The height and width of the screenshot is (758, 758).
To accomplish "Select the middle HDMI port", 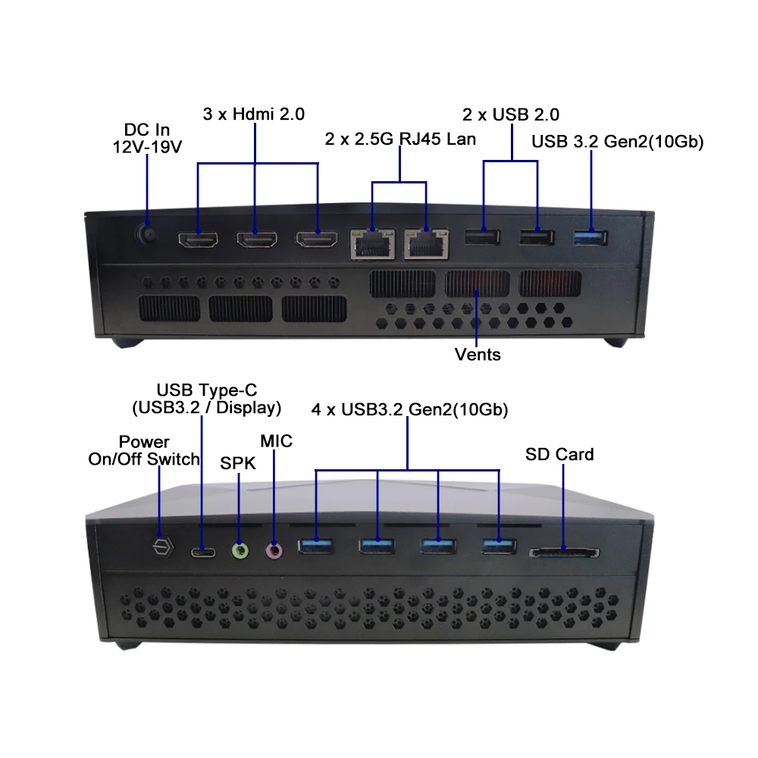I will click(257, 240).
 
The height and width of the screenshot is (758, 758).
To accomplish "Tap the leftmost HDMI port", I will click(198, 240).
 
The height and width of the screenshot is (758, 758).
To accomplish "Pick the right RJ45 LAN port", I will click(426, 243).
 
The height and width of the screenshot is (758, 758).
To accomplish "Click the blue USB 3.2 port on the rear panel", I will click(590, 239).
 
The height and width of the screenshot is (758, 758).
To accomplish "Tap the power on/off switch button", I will click(161, 547).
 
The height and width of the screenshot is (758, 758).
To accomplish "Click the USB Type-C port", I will click(202, 551).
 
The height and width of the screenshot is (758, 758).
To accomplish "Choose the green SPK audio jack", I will click(240, 551).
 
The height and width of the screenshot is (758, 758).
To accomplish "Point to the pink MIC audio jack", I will click(274, 551).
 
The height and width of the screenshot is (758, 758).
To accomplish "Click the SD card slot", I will click(564, 553).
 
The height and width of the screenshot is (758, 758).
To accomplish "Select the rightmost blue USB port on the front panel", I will click(499, 546).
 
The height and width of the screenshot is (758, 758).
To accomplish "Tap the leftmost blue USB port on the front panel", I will click(315, 546).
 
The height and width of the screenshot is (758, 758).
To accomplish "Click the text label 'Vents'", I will click(478, 354).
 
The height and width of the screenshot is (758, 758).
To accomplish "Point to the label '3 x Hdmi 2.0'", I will click(254, 114).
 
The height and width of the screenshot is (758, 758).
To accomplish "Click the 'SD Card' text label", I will click(559, 454).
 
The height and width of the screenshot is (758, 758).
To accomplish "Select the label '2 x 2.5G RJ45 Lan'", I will click(399, 139).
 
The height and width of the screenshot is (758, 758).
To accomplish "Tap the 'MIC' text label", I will click(276, 440).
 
